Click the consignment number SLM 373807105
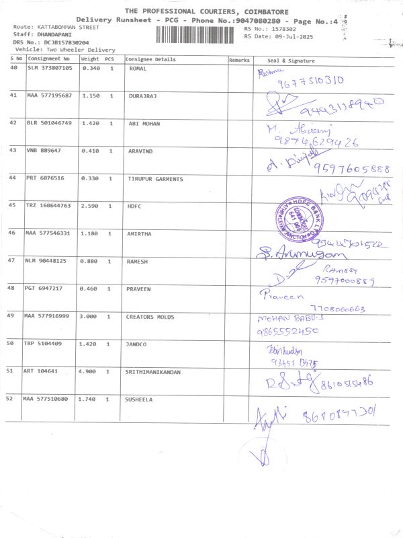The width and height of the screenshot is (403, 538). (50, 69)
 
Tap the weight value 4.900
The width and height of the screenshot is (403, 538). (90, 371)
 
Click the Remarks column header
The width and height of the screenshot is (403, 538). (239, 60)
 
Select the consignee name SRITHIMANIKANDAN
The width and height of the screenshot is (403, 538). (153, 371)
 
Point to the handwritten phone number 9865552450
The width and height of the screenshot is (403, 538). (287, 331)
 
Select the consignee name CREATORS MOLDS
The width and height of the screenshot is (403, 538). (149, 316)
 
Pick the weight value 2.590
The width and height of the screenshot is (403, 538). (90, 204)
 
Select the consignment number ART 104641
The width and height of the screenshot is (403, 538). (43, 371)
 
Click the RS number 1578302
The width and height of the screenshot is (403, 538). (281, 30)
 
